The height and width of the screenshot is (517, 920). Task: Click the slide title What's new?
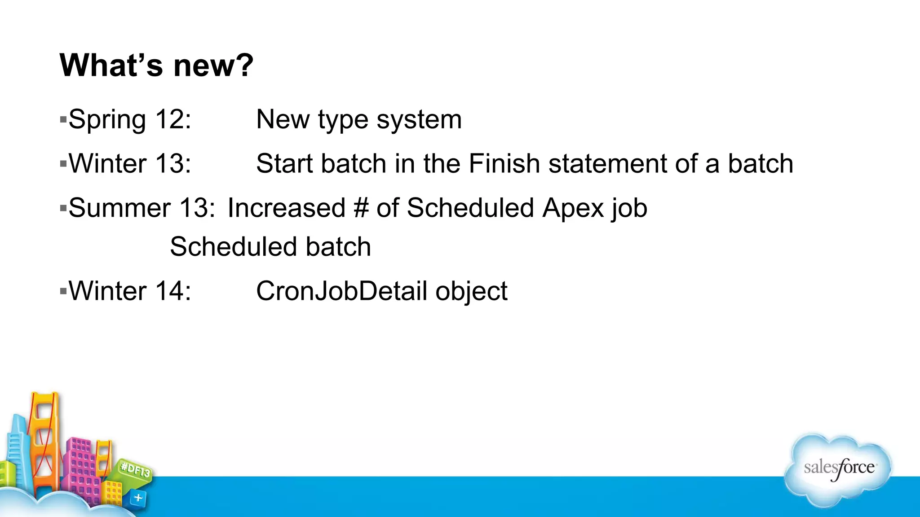tap(156, 66)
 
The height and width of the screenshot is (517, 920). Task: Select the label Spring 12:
tap(130, 119)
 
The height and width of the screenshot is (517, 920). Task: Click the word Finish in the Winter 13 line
tap(504, 163)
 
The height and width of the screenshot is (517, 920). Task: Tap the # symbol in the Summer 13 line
tap(361, 208)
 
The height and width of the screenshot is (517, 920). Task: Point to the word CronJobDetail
tap(341, 291)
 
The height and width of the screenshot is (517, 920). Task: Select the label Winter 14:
tap(130, 291)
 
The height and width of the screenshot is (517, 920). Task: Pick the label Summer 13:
tap(142, 208)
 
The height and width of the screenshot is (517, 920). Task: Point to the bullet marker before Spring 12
tap(63, 120)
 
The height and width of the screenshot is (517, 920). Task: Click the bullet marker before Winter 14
tap(63, 291)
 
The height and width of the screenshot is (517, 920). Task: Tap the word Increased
tap(286, 208)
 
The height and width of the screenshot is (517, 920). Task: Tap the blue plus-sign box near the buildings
tap(138, 498)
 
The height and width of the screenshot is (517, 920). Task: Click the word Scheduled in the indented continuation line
tap(233, 247)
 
